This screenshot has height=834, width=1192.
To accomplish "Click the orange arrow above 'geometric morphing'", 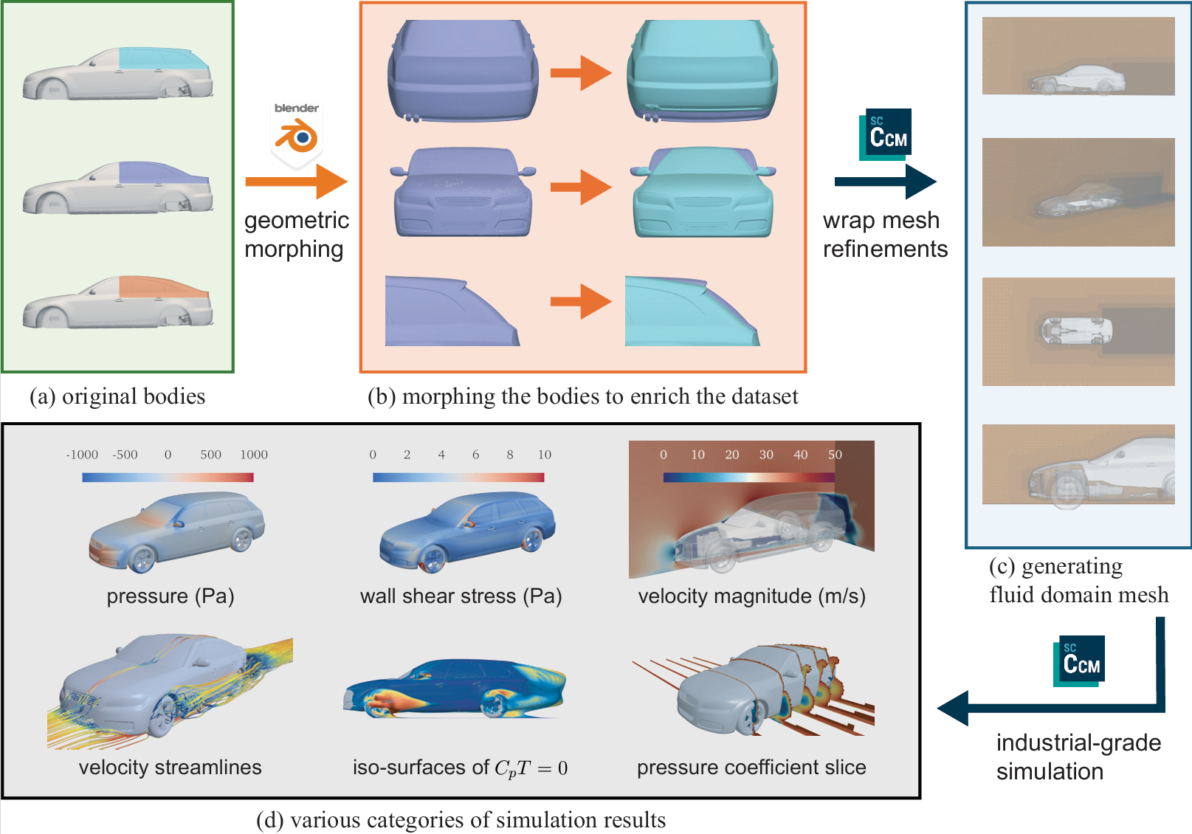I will coord(296,182).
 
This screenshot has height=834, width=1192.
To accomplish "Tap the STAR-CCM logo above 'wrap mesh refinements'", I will coord(886,134).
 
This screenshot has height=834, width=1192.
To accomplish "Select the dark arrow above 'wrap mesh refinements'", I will coord(885,182).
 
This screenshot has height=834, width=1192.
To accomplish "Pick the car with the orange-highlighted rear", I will coord(118,303).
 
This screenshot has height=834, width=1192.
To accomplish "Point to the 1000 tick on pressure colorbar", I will coord(253,455).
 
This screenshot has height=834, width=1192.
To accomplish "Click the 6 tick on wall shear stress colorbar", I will coord(475,455).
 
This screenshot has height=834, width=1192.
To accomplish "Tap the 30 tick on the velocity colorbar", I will coord(766,455).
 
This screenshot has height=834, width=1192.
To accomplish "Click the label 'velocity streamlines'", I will coord(170,768).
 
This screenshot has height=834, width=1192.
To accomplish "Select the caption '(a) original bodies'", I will coord(117,396).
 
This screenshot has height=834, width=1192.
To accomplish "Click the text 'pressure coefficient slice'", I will coord(751,768).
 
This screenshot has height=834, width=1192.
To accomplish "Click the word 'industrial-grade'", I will coord(1078,742).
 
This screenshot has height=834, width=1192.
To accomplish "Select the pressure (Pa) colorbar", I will coord(168,478).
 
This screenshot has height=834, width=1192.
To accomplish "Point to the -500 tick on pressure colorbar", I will coord(125,455).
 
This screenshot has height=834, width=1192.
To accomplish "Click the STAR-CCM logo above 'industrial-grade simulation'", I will coord(1079,661).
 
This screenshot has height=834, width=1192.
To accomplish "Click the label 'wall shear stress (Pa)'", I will coord(461,596).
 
